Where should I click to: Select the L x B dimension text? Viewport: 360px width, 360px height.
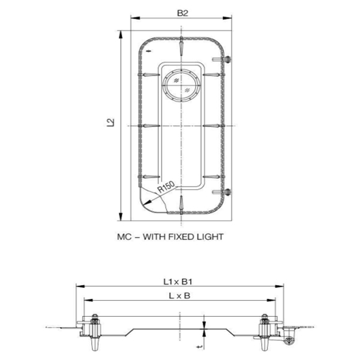[x=177, y=295]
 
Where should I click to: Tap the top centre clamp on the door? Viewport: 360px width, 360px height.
[x=180, y=46]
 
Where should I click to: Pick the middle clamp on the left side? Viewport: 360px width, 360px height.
[x=147, y=125]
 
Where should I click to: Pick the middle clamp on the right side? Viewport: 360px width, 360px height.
[x=214, y=125]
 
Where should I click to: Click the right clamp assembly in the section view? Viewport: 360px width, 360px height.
[x=265, y=333]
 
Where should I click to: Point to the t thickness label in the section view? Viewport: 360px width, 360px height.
[x=198, y=347]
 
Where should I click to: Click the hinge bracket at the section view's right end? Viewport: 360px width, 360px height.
[x=291, y=334]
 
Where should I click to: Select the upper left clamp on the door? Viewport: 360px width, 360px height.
[x=147, y=74]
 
